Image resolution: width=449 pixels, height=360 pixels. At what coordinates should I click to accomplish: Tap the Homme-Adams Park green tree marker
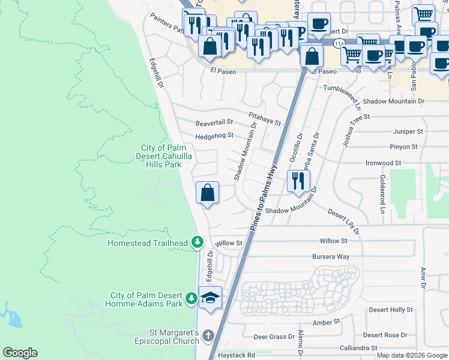[191, 298]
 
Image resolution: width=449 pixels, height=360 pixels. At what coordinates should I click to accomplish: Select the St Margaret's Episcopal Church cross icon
[208, 336]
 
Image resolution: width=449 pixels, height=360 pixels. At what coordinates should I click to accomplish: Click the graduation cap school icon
[211, 298]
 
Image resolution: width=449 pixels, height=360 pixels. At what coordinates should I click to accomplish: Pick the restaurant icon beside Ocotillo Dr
[298, 181]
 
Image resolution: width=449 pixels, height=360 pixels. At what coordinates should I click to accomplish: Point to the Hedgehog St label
[214, 136]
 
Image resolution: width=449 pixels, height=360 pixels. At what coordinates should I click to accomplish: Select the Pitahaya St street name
[265, 118]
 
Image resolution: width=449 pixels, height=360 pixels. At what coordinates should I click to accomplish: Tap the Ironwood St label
[383, 163]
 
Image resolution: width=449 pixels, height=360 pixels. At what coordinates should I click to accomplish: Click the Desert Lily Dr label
[344, 221]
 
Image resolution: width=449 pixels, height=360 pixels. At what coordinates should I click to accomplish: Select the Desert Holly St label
[391, 310]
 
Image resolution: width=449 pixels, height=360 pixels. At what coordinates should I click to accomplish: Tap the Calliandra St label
[358, 347]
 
